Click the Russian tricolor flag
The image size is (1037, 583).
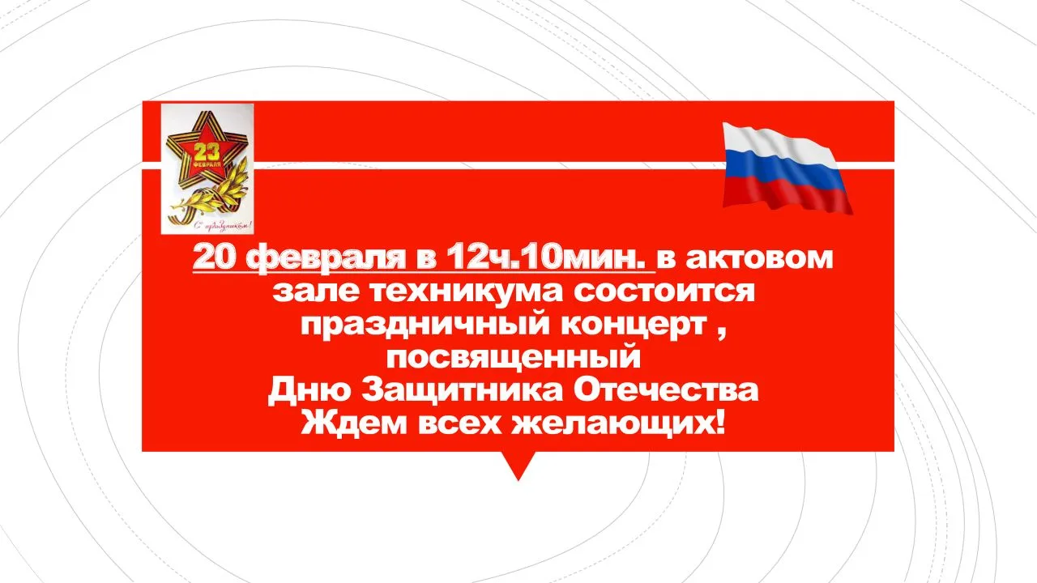tap(787, 168)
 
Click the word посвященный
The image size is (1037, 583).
tap(514, 359)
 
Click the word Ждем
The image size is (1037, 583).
tap(354, 423)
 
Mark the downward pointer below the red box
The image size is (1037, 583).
tap(518, 466)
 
